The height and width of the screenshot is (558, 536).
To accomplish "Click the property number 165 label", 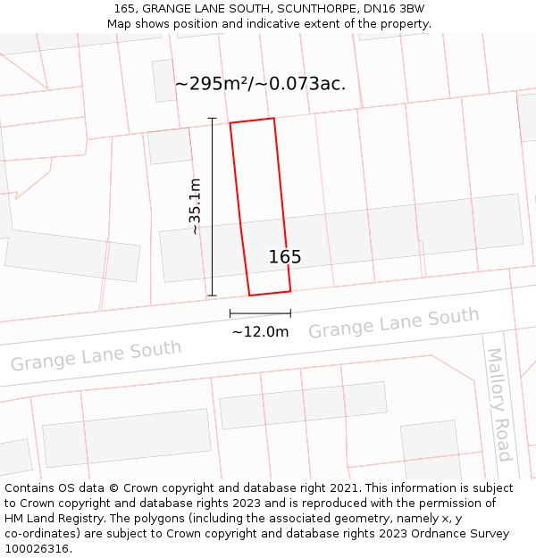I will tap(285, 257).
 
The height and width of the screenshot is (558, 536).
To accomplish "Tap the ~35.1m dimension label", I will tap(194, 206).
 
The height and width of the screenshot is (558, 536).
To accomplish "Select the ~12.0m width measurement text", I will tap(260, 332).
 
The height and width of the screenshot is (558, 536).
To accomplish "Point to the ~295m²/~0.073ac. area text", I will tap(260, 84).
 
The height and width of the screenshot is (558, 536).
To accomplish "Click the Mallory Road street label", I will tap(498, 404).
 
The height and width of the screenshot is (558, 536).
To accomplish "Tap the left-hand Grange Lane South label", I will tap(96, 354).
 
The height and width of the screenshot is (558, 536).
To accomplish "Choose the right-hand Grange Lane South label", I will tap(394, 322).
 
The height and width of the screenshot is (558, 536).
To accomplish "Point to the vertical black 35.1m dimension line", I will tap(212, 206).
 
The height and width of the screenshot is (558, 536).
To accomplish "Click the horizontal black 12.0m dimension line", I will tap(260, 313).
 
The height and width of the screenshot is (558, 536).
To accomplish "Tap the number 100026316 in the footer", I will tap(37, 549).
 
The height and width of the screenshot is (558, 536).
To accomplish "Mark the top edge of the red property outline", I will tap(252, 121).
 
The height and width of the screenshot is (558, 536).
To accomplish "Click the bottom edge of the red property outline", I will tap(270, 293).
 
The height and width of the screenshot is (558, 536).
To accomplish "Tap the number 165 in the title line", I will tap(124, 9).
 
